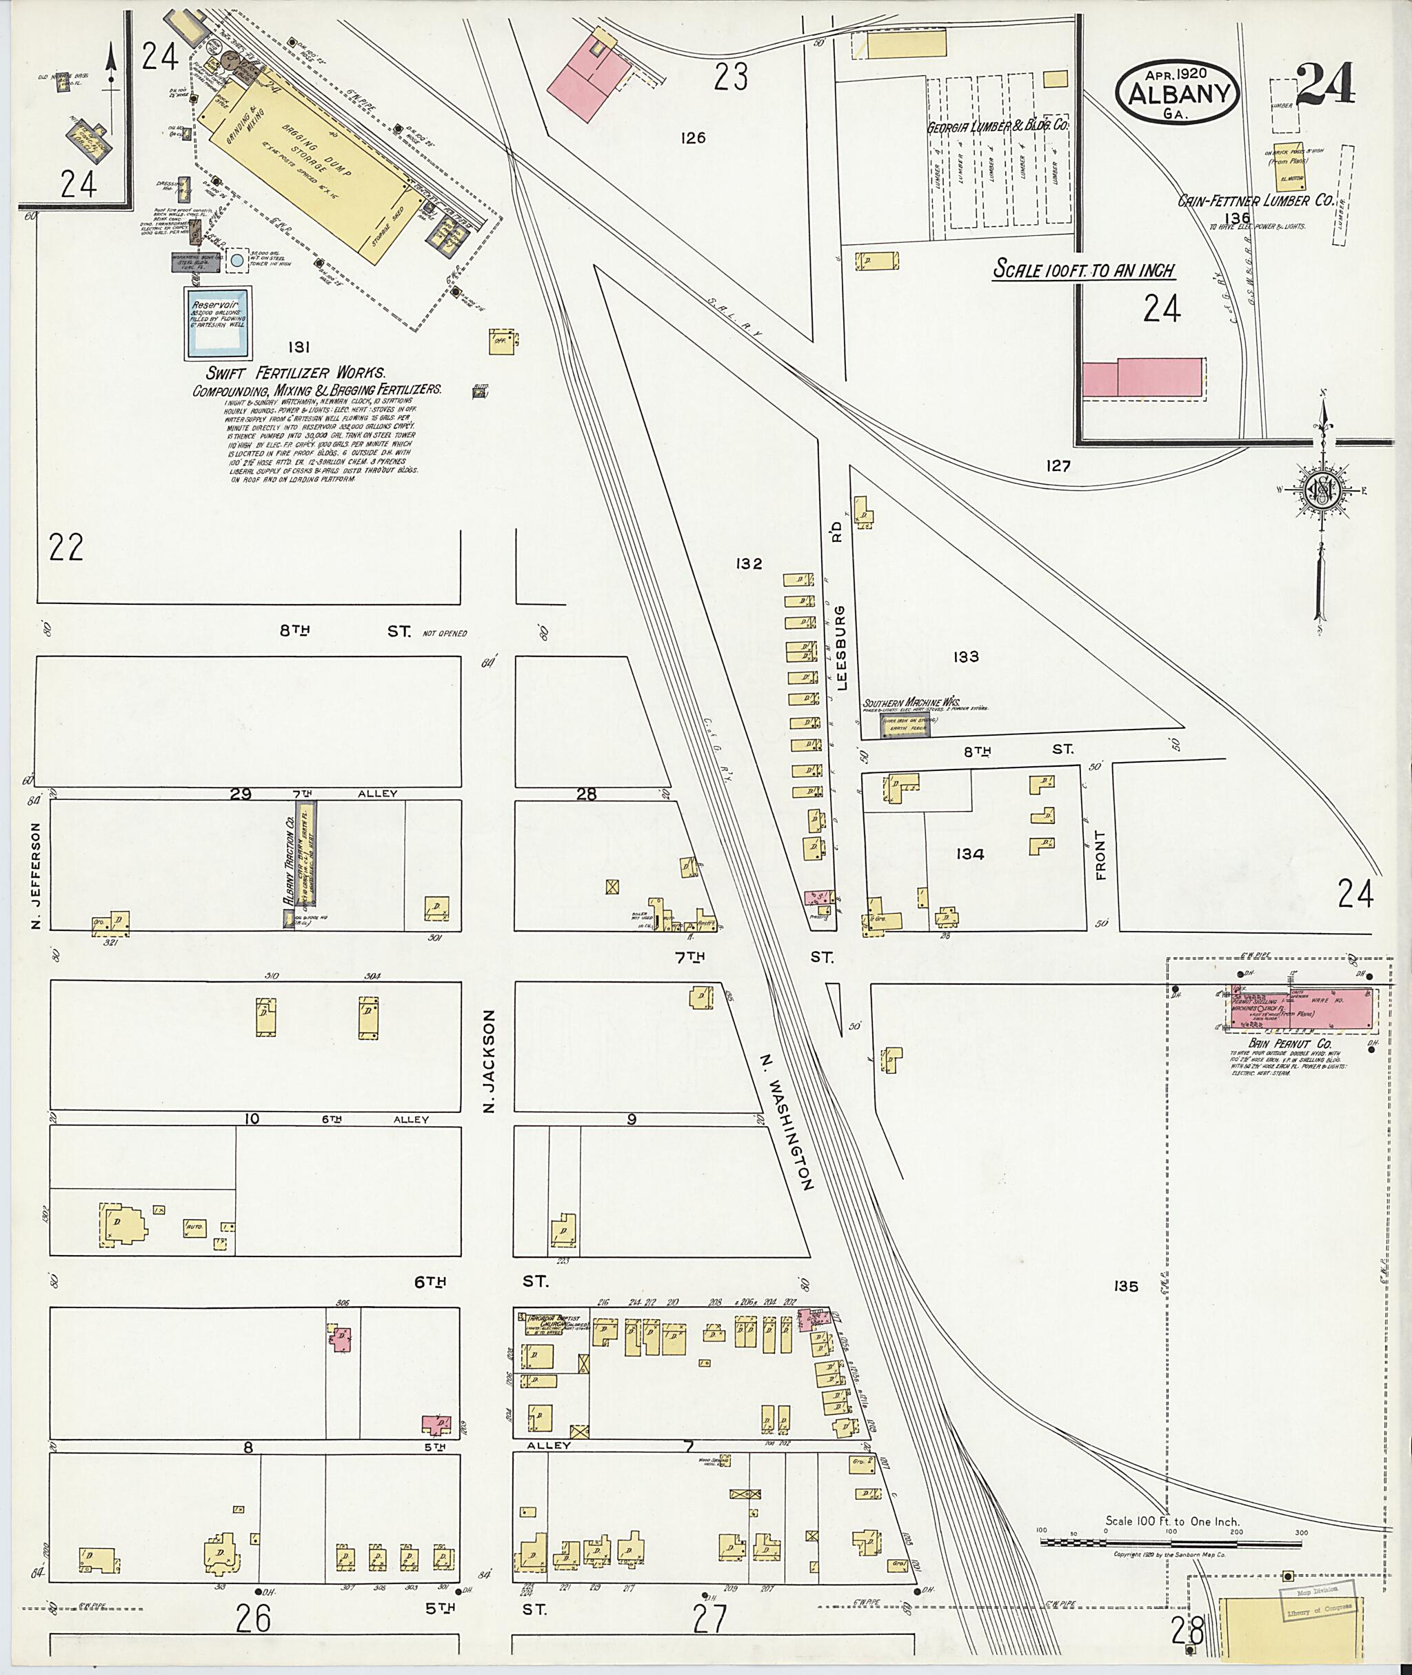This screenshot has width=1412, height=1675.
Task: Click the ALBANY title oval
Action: coord(1178,92)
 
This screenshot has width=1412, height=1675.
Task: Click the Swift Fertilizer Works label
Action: coord(296,373)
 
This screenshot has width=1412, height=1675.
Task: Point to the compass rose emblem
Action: coord(1321,491)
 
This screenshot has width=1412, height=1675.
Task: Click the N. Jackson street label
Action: coord(490,1060)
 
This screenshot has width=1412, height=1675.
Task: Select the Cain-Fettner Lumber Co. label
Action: coord(1255,201)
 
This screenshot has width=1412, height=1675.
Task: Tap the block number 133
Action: coord(966,657)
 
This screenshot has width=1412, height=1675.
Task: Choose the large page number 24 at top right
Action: coord(1324,85)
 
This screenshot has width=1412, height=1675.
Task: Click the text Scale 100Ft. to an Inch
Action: coord(1084,270)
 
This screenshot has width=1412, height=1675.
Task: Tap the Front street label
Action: coord(1100,856)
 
